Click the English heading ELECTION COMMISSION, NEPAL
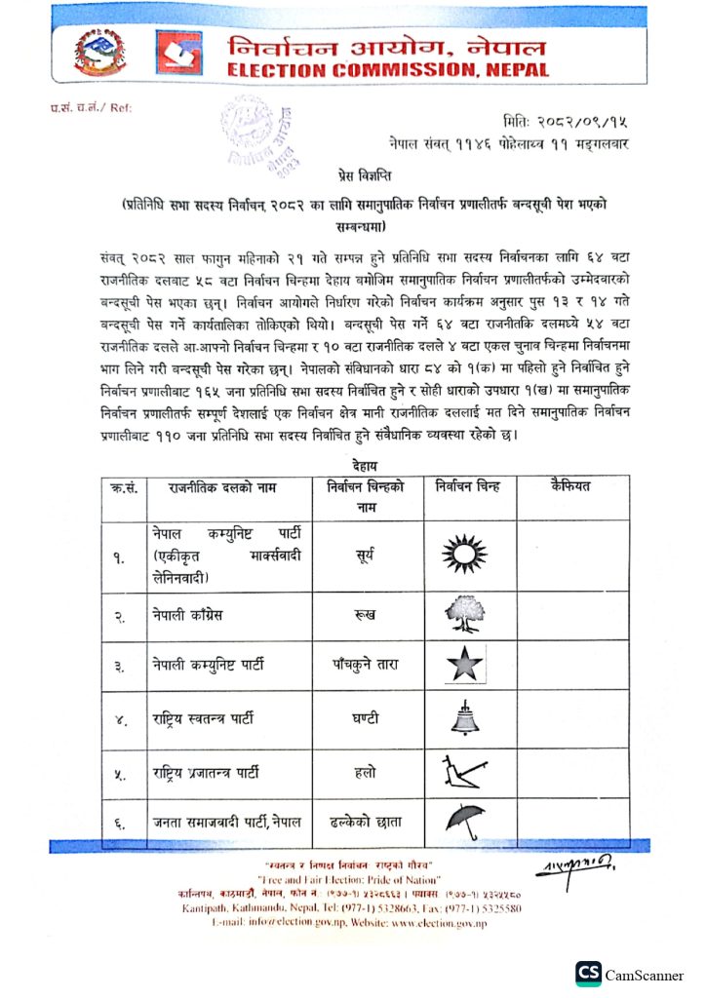point(388,70)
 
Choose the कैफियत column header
point(571,485)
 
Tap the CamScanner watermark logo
point(588,974)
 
